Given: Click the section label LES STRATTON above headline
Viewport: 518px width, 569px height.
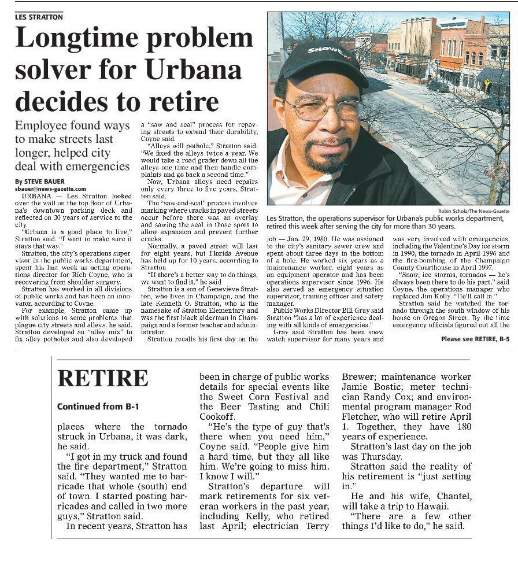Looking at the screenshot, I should pyautogui.click(x=39, y=17).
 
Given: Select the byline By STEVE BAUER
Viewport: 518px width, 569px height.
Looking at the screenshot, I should pyautogui.click(x=40, y=182).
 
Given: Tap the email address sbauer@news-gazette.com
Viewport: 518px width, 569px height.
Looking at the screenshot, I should pyautogui.click(x=50, y=189).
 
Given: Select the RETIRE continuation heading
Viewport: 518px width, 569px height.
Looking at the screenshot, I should pyautogui.click(x=102, y=378).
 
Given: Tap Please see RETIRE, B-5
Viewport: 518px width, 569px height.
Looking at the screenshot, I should pyautogui.click(x=475, y=339).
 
